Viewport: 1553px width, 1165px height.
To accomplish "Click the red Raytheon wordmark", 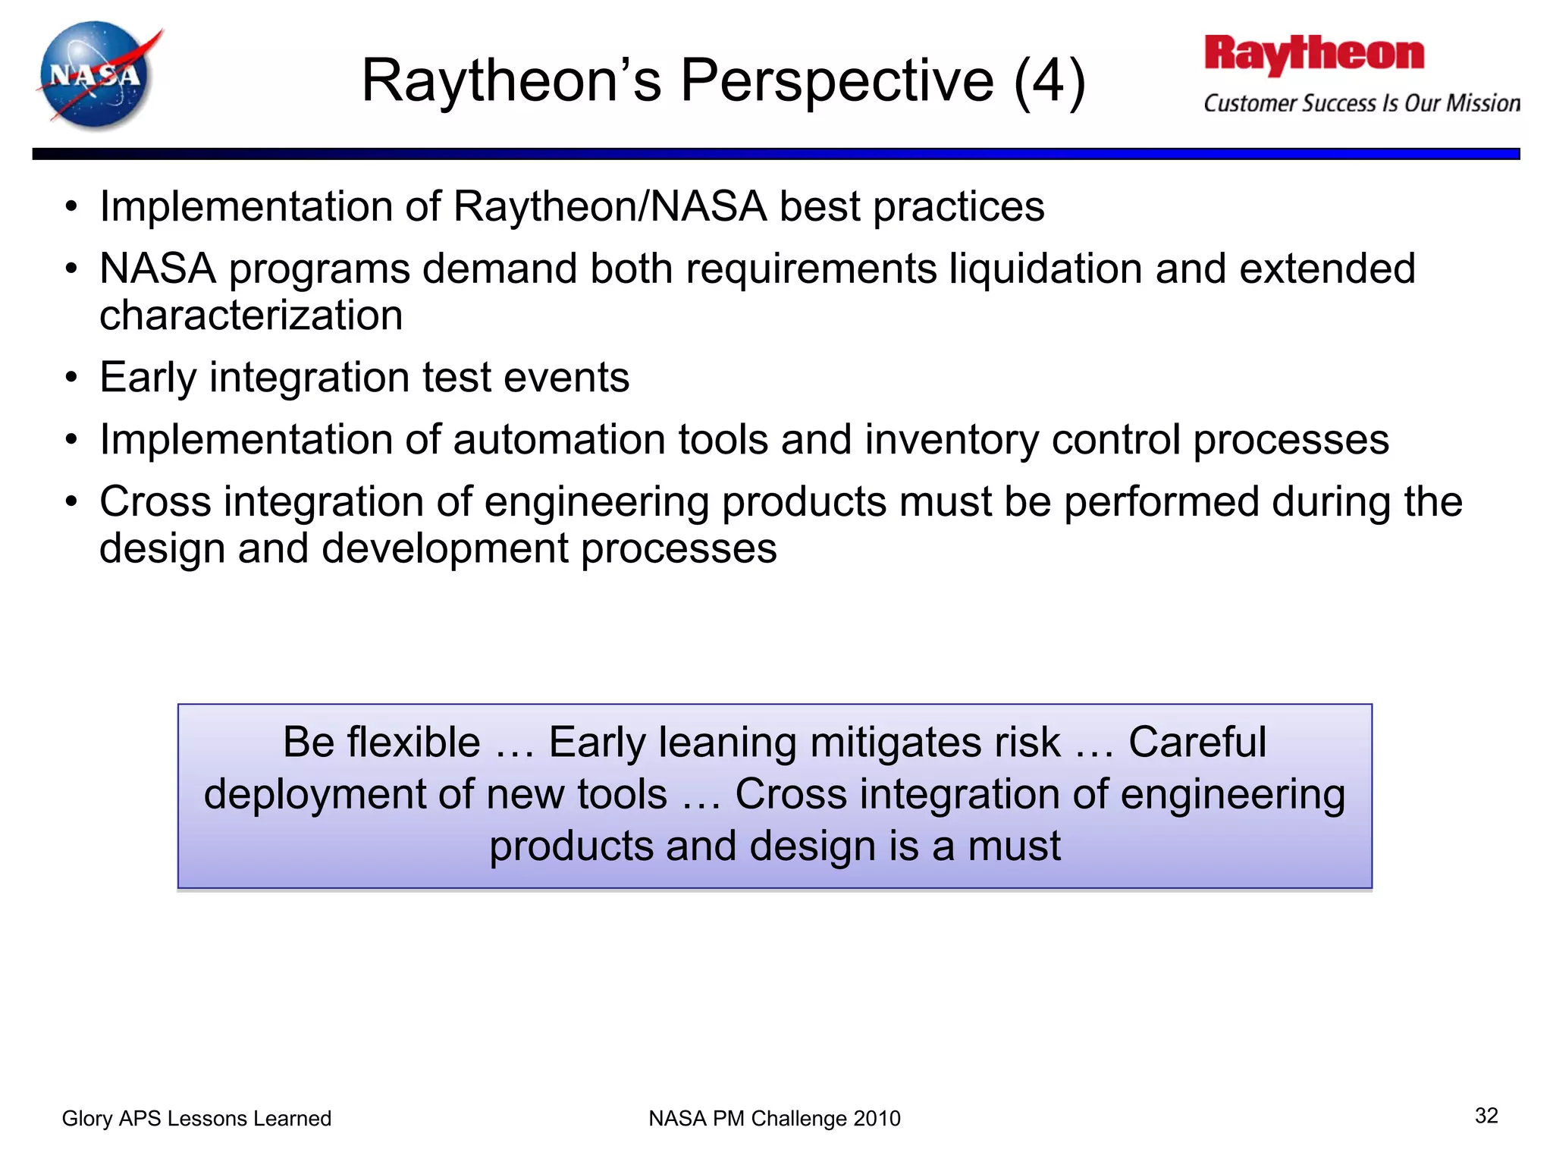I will click(1314, 55).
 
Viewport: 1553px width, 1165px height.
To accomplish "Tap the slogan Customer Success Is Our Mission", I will click(1361, 103).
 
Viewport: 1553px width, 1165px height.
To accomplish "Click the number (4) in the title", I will click(1049, 80).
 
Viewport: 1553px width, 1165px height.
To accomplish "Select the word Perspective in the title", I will click(836, 80).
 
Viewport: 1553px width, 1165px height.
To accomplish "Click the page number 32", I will click(1486, 1115).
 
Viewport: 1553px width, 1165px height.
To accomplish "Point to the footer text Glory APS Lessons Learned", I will click(196, 1118).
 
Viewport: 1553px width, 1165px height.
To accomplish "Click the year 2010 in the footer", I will click(877, 1118).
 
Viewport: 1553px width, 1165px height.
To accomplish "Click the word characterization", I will click(251, 316).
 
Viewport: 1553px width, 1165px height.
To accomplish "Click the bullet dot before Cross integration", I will click(71, 502).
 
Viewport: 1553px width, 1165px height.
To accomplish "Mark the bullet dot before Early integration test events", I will click(71, 378).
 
